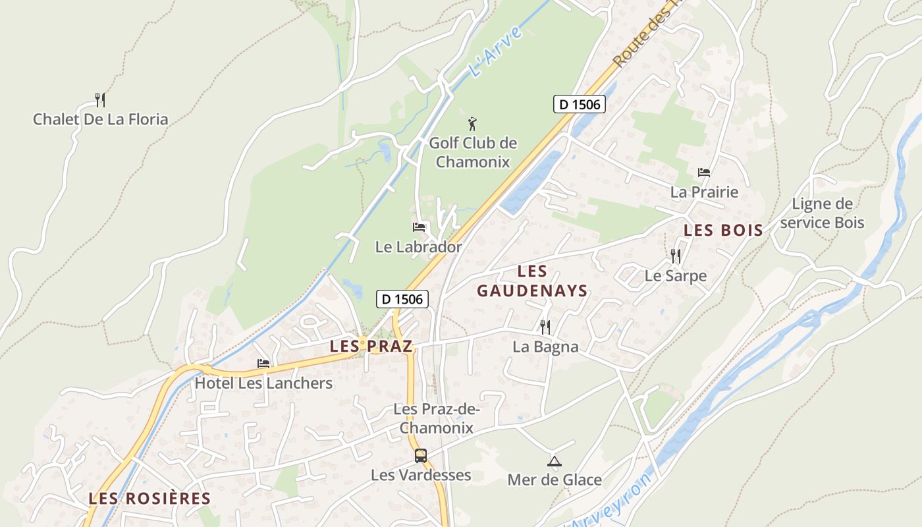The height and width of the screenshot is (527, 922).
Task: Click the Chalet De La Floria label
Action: click(x=101, y=119)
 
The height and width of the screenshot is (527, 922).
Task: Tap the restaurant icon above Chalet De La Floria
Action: click(x=100, y=100)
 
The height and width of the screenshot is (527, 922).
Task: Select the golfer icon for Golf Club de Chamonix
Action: click(x=472, y=123)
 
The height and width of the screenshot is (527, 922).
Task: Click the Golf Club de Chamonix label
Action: click(x=473, y=152)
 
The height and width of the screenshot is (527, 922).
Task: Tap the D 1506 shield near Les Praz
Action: click(x=402, y=299)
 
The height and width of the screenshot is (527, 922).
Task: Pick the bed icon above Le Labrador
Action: click(x=419, y=227)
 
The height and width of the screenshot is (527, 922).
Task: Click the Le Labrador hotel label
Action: click(x=418, y=247)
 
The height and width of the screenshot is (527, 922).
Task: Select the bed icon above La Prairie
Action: click(x=704, y=173)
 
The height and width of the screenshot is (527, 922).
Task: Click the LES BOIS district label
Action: click(x=723, y=231)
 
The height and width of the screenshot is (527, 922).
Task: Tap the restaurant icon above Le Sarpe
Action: click(x=676, y=256)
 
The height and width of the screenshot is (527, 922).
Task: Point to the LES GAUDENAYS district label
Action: click(x=532, y=281)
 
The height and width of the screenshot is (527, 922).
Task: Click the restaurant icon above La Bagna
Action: click(x=545, y=327)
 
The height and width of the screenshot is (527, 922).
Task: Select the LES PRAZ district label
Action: click(x=371, y=346)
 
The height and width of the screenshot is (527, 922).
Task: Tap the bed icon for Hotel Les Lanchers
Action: click(x=263, y=364)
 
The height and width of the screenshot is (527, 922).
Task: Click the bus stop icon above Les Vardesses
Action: click(x=420, y=455)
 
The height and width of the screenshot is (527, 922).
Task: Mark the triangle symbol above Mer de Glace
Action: click(x=555, y=461)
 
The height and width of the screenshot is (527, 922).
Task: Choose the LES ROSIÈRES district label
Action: click(x=149, y=499)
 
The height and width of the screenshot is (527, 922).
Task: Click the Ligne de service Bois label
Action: click(x=821, y=213)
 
